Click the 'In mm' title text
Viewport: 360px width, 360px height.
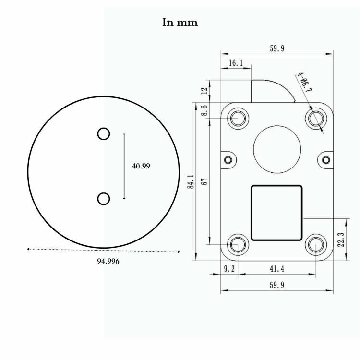click(180, 23)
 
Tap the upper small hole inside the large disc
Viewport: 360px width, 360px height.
click(104, 134)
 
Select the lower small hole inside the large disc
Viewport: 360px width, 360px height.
click(104, 198)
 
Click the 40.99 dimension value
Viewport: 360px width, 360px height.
click(141, 166)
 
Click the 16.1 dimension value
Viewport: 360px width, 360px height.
click(236, 63)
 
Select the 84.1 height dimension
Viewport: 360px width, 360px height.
click(191, 182)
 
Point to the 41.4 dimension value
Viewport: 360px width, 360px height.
click(277, 269)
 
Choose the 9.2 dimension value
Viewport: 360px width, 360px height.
click(229, 269)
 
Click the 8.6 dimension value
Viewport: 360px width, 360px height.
click(204, 110)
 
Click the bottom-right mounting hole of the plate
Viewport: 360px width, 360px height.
click(315, 245)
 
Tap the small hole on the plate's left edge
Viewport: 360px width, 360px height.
click(228, 159)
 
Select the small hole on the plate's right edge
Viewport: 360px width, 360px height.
click(326, 159)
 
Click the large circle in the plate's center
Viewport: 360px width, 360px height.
click(277, 149)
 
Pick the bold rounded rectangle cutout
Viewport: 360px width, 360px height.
click(277, 213)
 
